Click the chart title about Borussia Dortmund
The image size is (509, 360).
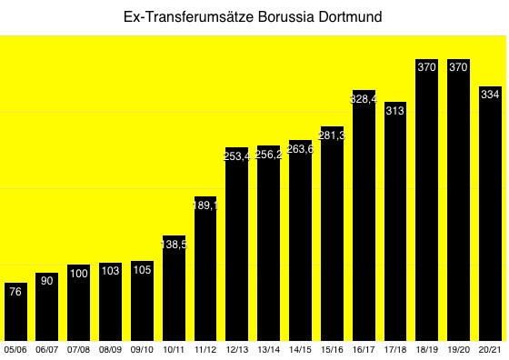(254, 16)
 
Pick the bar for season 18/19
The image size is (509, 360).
(427, 200)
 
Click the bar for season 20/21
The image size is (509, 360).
(491, 214)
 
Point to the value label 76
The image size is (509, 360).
(15, 292)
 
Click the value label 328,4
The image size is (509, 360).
(364, 98)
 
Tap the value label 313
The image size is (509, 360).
(395, 110)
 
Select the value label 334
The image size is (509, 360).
(491, 94)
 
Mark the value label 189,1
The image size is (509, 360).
(205, 205)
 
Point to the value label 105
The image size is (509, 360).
(142, 270)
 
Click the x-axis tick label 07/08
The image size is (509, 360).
(79, 349)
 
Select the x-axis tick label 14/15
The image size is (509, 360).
(300, 349)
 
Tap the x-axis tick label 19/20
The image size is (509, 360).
(459, 349)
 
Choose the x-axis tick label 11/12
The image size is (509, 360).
(205, 349)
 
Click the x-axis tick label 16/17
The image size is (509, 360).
(364, 349)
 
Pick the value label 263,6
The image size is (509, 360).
(300, 148)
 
